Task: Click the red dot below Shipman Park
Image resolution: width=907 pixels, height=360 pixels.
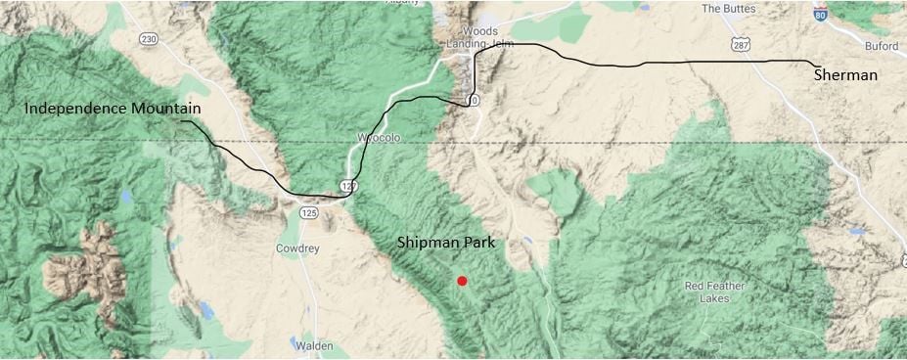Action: point(462,281)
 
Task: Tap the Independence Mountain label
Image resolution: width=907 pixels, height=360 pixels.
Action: point(113,108)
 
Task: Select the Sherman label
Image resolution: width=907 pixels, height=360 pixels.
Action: point(845,75)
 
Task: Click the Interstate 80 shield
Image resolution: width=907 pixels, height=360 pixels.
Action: point(820,14)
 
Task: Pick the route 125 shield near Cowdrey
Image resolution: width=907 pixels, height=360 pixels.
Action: point(309,212)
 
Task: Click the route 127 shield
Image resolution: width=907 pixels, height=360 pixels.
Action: point(349,186)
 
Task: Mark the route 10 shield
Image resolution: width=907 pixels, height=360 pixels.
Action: point(474,101)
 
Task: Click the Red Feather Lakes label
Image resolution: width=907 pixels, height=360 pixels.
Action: point(707,292)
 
